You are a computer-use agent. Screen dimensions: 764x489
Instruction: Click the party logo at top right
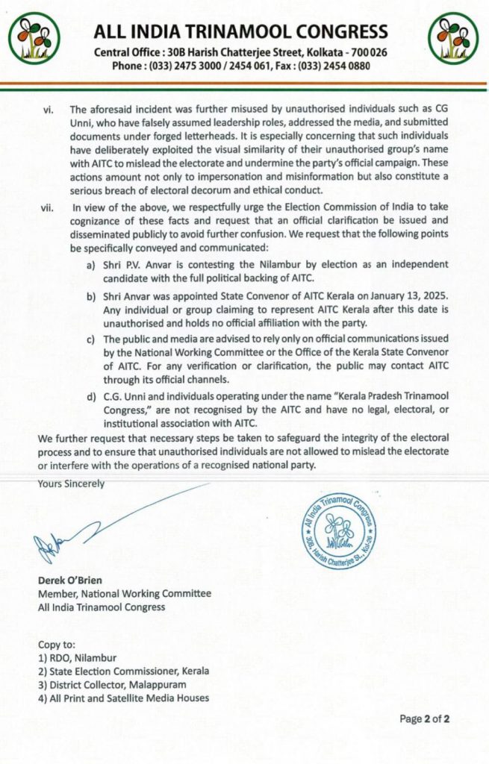[452, 37]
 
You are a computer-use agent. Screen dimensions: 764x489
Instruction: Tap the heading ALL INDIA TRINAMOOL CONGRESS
[240, 32]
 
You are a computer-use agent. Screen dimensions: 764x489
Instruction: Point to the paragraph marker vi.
[47, 110]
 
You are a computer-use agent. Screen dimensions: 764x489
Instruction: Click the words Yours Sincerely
[72, 483]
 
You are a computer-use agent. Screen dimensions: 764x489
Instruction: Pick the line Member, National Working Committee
[125, 593]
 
